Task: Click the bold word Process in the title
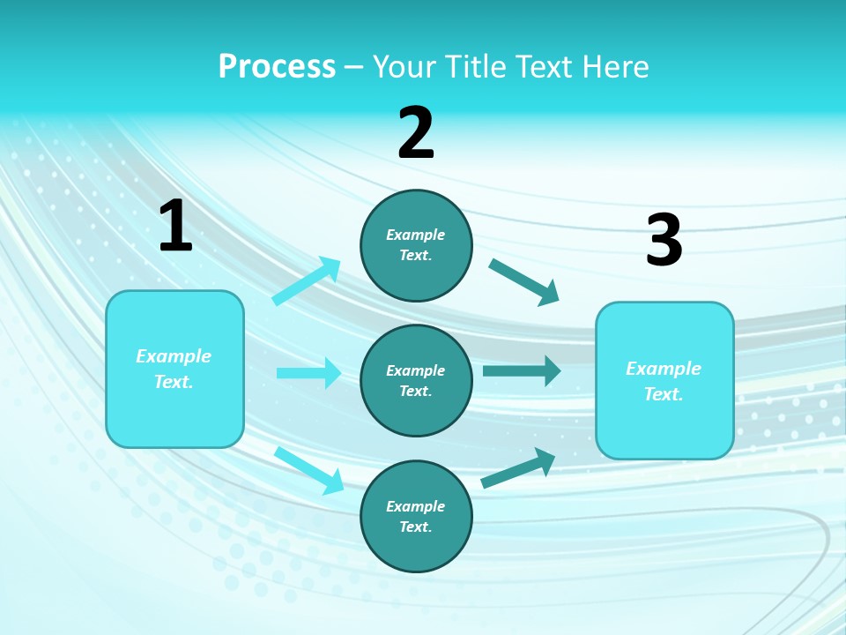[x=277, y=67]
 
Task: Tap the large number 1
[x=175, y=226]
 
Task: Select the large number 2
[x=416, y=133]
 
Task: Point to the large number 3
[x=664, y=241]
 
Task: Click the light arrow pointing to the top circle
[x=307, y=281]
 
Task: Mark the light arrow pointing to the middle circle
[x=308, y=373]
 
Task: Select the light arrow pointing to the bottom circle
[x=308, y=470]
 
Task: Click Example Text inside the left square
[x=174, y=369]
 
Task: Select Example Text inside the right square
[x=664, y=381]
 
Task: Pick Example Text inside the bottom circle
[x=416, y=517]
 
